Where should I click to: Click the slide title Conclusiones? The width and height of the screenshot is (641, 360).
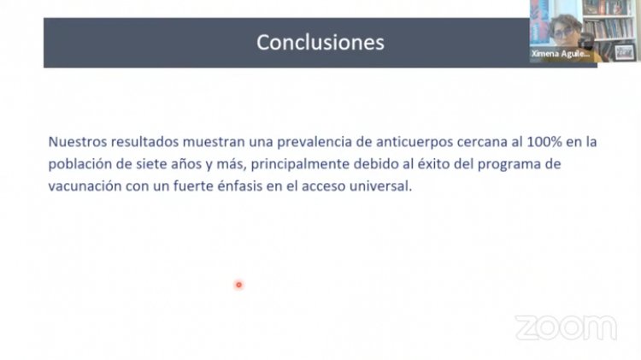pos(320,42)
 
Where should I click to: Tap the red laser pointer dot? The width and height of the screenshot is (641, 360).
pos(238,285)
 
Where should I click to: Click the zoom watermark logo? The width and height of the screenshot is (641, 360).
pos(566,328)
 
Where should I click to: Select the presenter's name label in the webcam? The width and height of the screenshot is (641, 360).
pos(560,54)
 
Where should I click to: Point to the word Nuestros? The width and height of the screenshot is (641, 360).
pos(78,142)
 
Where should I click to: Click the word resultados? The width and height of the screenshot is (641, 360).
pos(144,142)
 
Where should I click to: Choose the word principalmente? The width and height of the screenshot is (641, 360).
pos(301,164)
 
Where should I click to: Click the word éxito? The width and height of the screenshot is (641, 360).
pos(432,163)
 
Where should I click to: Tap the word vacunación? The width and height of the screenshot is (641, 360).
pos(85,186)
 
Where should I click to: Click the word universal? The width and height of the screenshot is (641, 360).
pos(385,186)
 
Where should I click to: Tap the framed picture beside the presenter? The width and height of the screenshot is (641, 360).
pos(625,52)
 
